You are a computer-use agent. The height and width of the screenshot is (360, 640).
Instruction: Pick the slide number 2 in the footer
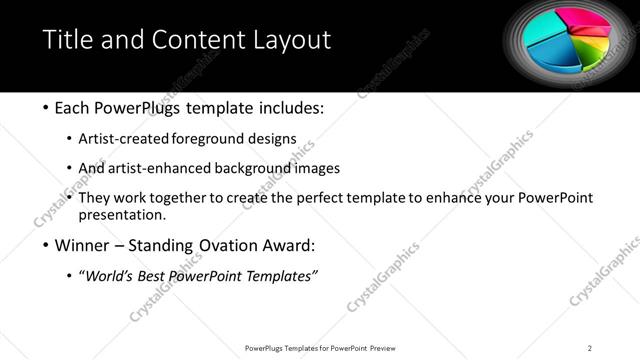pos(590,348)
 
